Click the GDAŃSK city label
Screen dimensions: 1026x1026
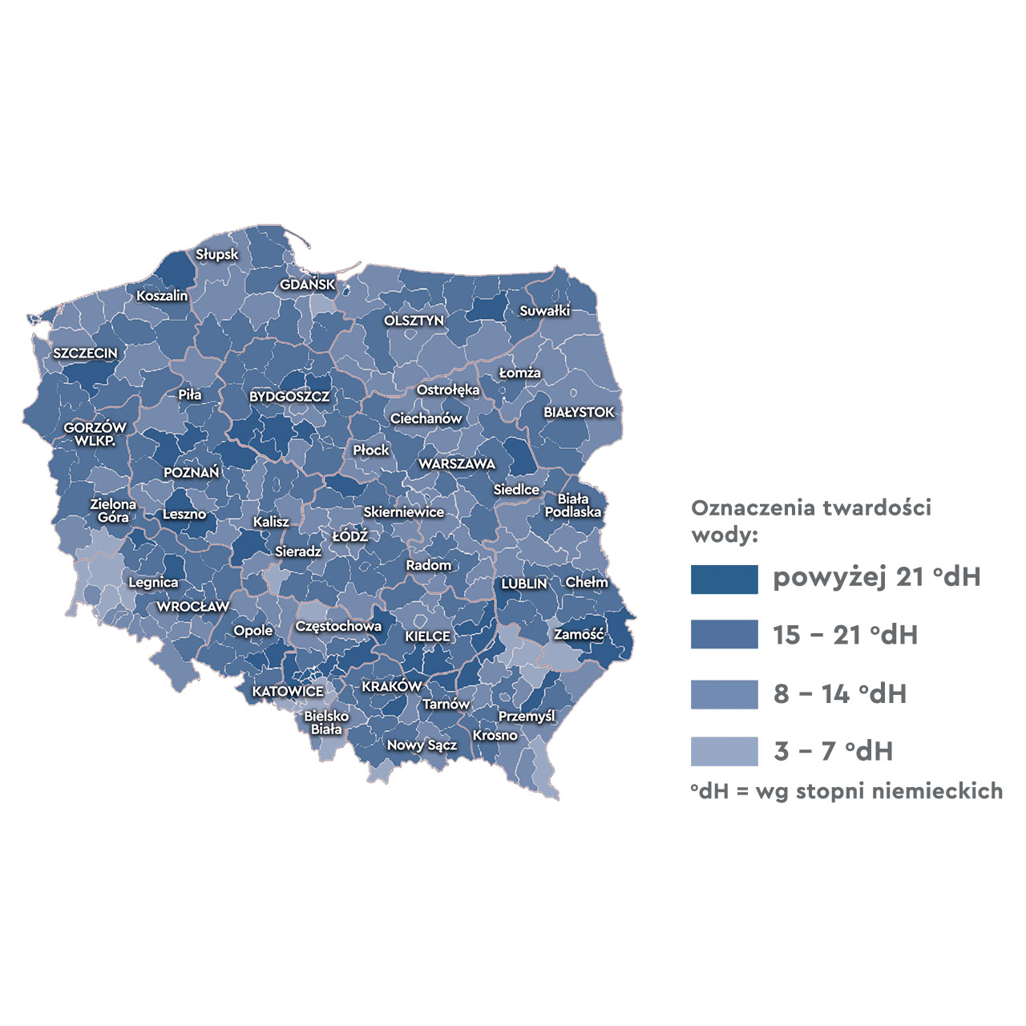tap(308, 285)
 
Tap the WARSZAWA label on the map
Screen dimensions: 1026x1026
tap(457, 464)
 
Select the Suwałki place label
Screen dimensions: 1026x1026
tap(544, 310)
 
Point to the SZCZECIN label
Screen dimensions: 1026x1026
tap(85, 353)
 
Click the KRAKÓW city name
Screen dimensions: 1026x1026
tap(391, 687)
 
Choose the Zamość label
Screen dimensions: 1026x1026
tap(579, 634)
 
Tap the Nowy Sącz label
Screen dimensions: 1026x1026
tap(422, 745)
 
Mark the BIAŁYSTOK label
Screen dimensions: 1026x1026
tap(579, 412)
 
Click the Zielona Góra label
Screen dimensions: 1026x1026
tap(113, 511)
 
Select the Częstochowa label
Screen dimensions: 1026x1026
tap(338, 626)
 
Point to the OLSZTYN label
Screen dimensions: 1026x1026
tap(414, 321)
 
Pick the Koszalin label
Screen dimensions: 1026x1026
tap(162, 296)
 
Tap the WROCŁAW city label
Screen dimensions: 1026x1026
tap(192, 607)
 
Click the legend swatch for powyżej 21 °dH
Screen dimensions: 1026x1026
tap(724, 579)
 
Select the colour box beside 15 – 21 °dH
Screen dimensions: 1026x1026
tap(724, 635)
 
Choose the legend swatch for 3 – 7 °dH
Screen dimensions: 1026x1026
tap(724, 751)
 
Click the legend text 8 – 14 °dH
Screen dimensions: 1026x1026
tap(840, 693)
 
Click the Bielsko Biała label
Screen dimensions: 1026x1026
tap(326, 722)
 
